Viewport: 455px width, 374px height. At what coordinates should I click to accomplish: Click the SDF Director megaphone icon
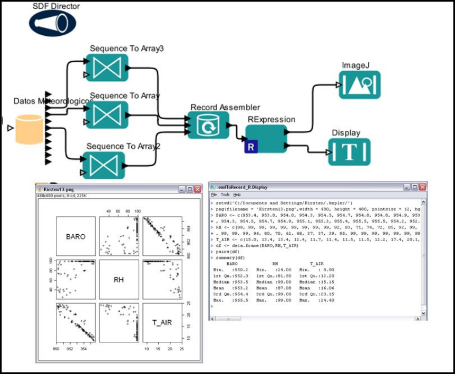tap(52, 23)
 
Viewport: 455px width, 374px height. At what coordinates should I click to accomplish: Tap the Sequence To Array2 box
tap(103, 165)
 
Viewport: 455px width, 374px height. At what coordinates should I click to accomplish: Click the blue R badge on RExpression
tap(250, 147)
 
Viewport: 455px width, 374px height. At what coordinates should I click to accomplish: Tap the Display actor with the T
tap(349, 151)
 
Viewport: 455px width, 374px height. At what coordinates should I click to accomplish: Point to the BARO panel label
tap(76, 236)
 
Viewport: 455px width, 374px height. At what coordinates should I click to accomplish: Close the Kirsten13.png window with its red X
tap(197, 188)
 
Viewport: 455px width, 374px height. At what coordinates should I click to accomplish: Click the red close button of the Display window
tap(423, 187)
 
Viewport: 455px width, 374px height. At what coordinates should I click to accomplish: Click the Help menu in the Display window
tap(236, 195)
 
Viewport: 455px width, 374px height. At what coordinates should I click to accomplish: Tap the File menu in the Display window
tap(214, 195)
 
